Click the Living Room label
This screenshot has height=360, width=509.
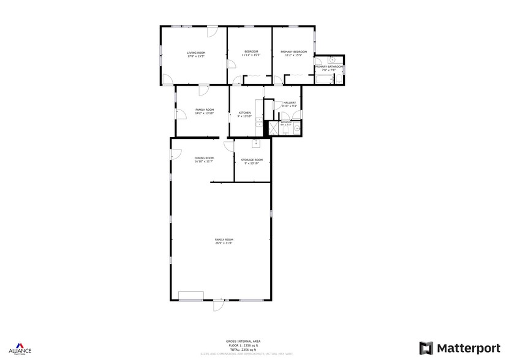coord(196,53)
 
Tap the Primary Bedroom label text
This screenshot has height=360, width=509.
coord(293,52)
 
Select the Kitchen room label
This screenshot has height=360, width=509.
coord(244,113)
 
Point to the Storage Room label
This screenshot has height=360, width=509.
coord(252,160)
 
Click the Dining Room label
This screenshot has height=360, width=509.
coord(204,158)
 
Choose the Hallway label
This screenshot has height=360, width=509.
coord(289,103)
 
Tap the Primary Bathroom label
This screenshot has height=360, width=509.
coord(329,67)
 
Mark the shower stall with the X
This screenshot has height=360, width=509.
coord(273,127)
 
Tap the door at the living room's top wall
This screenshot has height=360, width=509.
coord(212,31)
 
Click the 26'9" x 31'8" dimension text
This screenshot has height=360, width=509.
coord(224,243)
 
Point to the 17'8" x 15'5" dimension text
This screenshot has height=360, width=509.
coord(196,56)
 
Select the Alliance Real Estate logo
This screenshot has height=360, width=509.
coord(20,347)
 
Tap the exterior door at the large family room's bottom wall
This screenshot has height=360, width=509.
coord(218,304)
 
